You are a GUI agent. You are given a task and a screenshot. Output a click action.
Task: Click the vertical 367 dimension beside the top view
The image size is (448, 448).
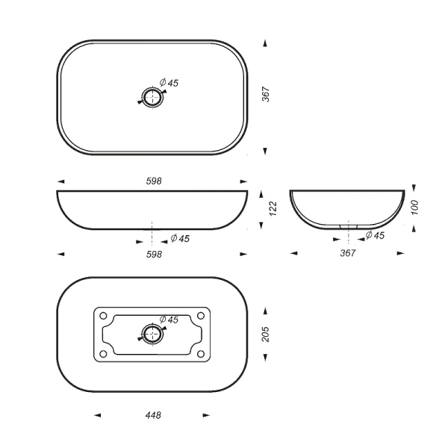[x=266, y=95]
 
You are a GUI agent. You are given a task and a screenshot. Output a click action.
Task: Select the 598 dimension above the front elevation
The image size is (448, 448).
[x=154, y=181]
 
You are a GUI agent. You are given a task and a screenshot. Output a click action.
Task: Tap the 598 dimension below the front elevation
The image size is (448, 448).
[x=154, y=254]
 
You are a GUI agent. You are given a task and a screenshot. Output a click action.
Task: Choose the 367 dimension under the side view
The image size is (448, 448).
[x=348, y=253]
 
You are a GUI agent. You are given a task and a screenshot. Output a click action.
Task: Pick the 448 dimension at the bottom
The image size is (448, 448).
[x=153, y=414]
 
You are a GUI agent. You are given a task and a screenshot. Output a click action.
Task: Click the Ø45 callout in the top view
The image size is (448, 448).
[x=169, y=83]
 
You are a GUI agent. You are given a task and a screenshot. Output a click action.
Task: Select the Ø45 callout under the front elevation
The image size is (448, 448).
[x=179, y=239]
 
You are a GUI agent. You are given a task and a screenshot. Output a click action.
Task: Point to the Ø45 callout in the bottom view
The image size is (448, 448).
[x=169, y=320]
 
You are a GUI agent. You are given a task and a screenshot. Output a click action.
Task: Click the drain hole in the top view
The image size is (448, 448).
[x=152, y=96]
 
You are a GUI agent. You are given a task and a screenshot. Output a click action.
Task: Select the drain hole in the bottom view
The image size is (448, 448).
[x=152, y=333]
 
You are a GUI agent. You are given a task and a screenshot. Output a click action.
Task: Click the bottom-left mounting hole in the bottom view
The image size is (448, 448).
[x=105, y=353]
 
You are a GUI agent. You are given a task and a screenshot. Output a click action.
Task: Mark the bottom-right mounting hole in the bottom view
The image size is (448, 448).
[x=199, y=353]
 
